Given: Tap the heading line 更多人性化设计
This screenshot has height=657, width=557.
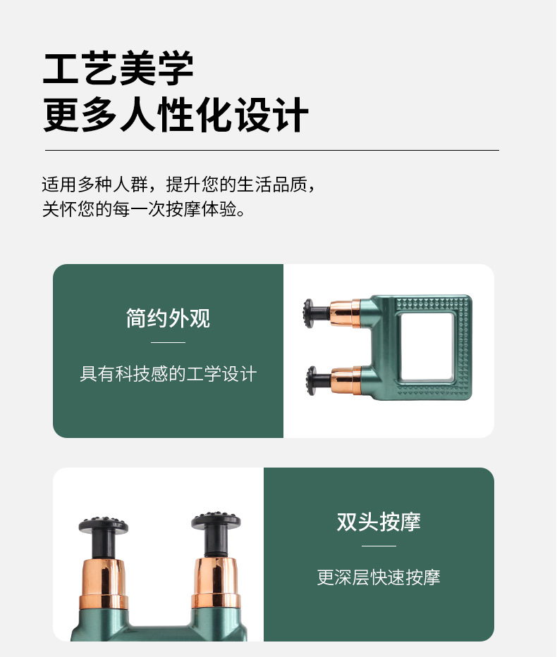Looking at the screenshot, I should coord(176,115).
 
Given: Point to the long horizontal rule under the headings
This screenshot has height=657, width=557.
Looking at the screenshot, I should coord(271,150).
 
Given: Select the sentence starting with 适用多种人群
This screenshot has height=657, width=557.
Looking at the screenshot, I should coord(178,185).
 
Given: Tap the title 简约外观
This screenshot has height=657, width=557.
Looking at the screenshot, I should coord(168,318).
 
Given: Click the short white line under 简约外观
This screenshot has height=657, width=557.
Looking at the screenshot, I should coord(168,342).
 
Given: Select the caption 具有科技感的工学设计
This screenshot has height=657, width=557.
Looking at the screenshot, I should coord(168,373).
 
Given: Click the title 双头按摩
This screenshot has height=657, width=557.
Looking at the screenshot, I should coord(379,522).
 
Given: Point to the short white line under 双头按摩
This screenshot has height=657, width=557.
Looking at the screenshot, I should coord(379,546).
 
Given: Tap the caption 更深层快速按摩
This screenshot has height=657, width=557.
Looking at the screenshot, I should coord(379,577).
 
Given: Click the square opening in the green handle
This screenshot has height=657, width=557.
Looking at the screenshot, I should coord(425,344).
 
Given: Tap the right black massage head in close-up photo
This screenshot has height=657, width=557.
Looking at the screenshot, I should coord(216,523).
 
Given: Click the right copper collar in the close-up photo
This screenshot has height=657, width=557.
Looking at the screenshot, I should coord(216,581).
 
